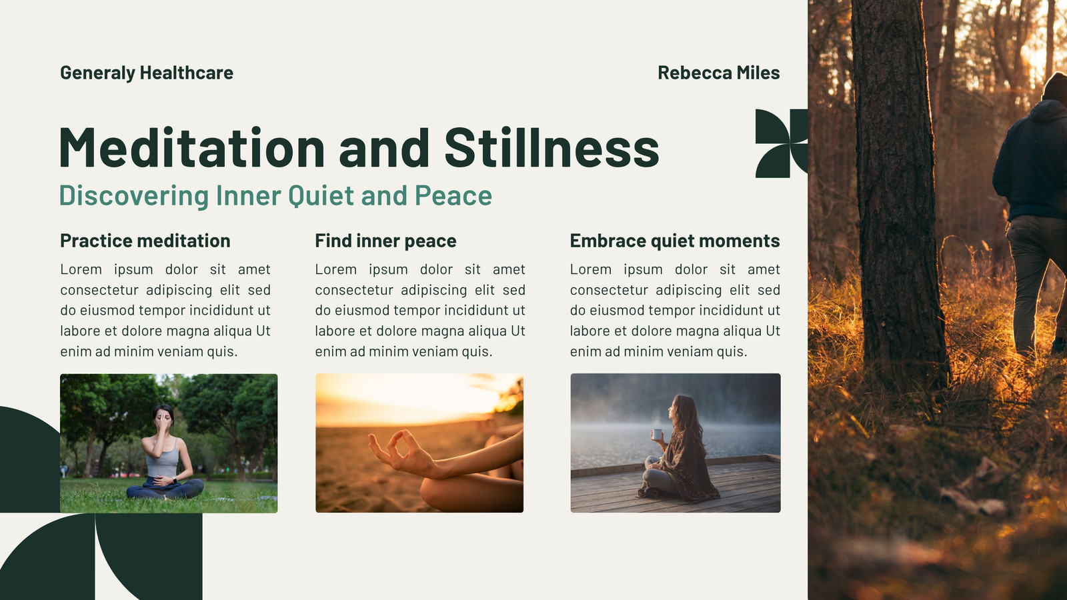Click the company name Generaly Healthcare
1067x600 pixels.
point(147,73)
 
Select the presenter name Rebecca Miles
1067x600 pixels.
point(719,73)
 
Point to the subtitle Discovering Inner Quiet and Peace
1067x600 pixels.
point(276,196)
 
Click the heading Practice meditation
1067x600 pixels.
point(145,241)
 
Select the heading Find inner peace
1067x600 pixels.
point(386,241)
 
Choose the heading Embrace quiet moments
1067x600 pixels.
point(675,241)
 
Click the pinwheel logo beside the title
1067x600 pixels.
point(782,143)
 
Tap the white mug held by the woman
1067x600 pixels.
point(657,434)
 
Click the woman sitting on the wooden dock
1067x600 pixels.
point(679,450)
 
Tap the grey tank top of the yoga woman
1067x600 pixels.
point(163,459)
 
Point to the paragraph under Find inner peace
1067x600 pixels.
point(420,311)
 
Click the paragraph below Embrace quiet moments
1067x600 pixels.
point(675,311)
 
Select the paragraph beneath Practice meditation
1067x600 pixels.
point(165,311)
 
